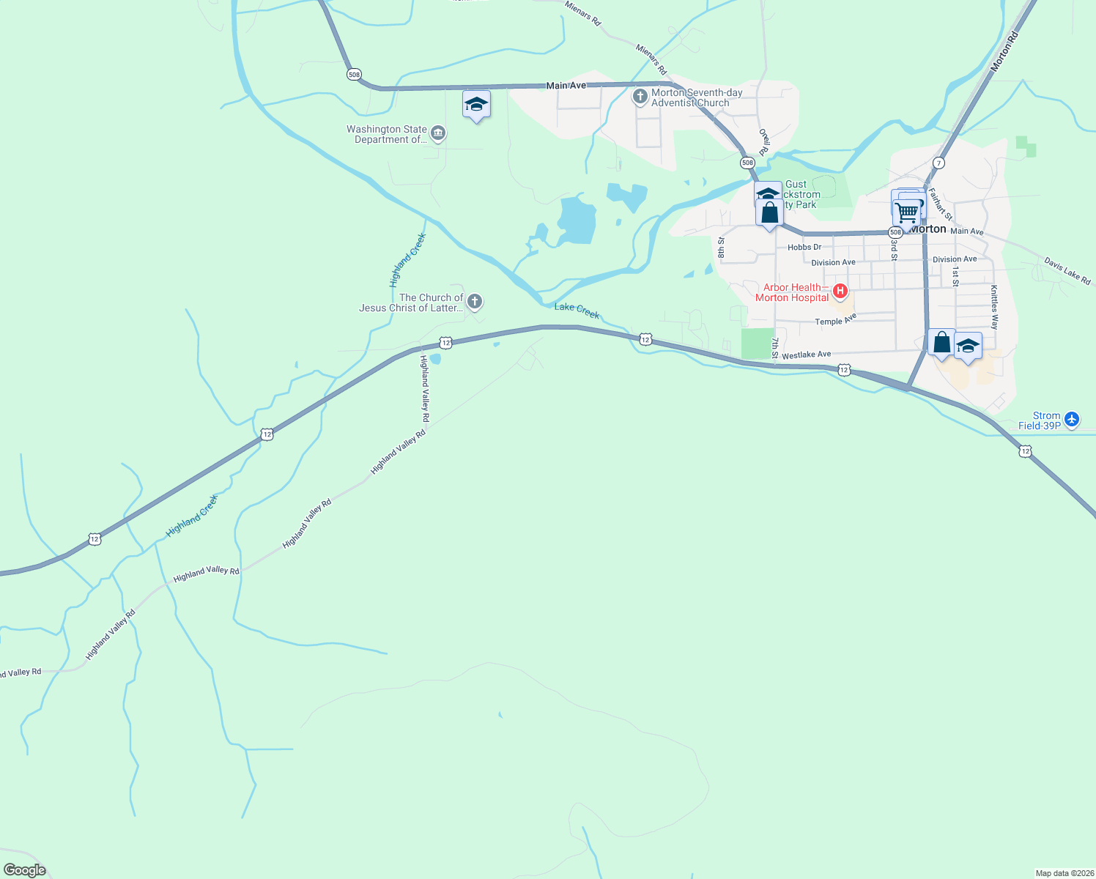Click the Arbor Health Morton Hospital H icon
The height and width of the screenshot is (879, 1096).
tap(840, 292)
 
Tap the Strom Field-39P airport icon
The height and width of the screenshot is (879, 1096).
tap(1072, 419)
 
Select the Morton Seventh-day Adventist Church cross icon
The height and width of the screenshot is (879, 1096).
tap(640, 97)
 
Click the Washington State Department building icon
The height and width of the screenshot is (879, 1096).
tap(438, 133)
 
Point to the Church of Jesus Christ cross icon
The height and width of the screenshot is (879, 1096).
tap(475, 301)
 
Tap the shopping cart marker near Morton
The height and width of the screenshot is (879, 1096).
tap(908, 213)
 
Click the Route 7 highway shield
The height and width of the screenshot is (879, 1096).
tap(938, 163)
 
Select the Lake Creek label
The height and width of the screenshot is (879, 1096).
tap(577, 311)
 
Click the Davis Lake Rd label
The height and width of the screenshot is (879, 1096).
tap(1067, 271)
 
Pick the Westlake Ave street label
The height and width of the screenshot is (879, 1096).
tap(806, 355)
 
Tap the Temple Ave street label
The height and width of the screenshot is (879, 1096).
tap(835, 321)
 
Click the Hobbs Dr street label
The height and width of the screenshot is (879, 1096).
tap(804, 248)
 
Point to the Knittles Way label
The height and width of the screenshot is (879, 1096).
tap(994, 307)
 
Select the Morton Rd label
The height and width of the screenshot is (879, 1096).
tap(1004, 51)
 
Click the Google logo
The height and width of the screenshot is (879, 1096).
tap(24, 869)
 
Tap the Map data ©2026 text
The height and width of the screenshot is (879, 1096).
tap(1064, 873)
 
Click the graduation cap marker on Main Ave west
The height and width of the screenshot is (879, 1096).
tap(476, 105)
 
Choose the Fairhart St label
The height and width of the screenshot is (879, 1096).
tap(940, 204)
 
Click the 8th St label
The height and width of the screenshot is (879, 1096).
tap(722, 248)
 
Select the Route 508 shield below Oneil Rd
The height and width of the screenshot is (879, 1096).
tap(747, 163)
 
